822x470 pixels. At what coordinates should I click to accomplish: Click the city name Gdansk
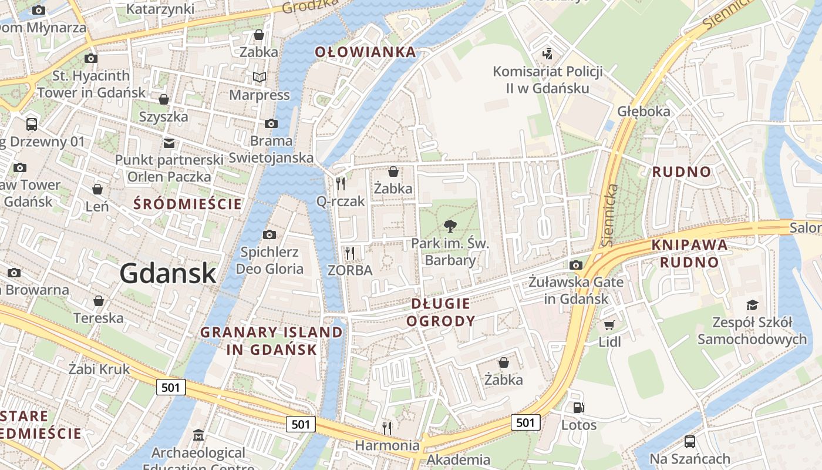[x=168, y=274]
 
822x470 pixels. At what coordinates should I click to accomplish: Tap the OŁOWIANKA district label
[x=365, y=52]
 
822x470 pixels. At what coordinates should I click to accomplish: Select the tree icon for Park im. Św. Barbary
[x=450, y=226]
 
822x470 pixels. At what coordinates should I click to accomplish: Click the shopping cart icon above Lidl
[x=609, y=325]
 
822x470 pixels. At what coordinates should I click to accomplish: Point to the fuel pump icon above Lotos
[x=578, y=407]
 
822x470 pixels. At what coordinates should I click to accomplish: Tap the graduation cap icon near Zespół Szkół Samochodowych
[x=752, y=305]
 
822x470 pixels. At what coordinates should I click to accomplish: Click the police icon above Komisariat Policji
[x=547, y=54]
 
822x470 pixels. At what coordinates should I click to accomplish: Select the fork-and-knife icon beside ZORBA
[x=350, y=253]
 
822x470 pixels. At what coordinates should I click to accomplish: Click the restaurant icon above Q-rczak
[x=341, y=184]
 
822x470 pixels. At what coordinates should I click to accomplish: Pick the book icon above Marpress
[x=259, y=77]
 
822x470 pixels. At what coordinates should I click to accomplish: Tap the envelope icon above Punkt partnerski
[x=169, y=143]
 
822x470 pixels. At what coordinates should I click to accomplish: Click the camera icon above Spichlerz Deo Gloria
[x=269, y=235]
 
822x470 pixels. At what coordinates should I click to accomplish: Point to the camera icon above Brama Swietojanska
[x=271, y=123]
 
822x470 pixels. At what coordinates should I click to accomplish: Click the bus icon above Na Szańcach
[x=690, y=441]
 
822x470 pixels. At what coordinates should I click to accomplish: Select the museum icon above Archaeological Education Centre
[x=198, y=436]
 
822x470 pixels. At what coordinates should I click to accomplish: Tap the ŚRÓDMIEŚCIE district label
[x=187, y=204]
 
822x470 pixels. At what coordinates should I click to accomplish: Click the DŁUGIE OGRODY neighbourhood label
[x=440, y=312]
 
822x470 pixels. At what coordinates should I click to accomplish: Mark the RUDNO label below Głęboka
[x=682, y=172]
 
